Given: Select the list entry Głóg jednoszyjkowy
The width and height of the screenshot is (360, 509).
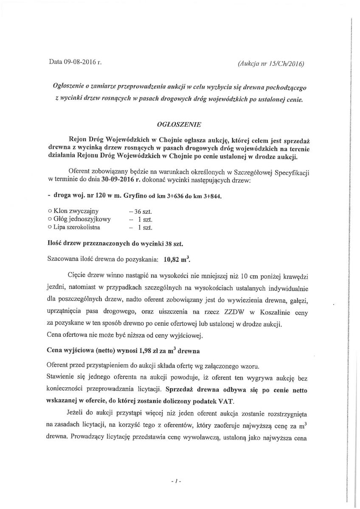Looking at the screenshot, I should (x=82, y=219).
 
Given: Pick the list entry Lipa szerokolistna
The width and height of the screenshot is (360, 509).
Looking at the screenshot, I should (x=77, y=227).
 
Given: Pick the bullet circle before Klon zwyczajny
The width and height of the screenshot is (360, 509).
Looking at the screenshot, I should (x=50, y=211).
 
